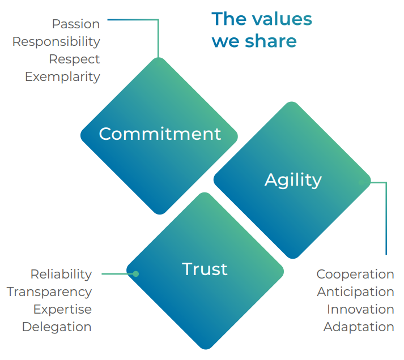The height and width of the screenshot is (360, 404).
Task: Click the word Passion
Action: [76, 24]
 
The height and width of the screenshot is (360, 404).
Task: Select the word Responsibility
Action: [56, 42]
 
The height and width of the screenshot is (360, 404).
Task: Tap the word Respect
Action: [74, 59]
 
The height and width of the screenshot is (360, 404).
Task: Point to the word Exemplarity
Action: [62, 77]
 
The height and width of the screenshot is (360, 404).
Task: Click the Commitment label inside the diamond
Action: [160, 134]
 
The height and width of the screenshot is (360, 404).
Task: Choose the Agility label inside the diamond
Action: [293, 180]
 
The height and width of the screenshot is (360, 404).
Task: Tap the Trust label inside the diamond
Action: [205, 269]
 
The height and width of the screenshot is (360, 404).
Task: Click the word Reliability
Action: [61, 274]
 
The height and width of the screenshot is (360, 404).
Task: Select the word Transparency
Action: [49, 292]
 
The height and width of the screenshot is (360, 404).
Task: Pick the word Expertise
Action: [62, 310]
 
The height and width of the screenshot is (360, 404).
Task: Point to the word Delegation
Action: [57, 327]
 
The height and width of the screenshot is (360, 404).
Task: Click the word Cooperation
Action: [355, 275]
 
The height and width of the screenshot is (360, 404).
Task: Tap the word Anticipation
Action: [355, 292]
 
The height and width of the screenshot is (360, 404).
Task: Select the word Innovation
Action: [360, 309]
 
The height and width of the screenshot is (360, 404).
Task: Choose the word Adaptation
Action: [359, 327]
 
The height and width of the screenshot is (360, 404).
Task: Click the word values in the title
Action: [282, 19]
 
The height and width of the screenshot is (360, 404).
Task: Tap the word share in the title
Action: [271, 41]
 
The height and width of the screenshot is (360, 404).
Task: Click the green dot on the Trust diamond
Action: [136, 274]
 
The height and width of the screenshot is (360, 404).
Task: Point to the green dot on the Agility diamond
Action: [362, 182]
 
